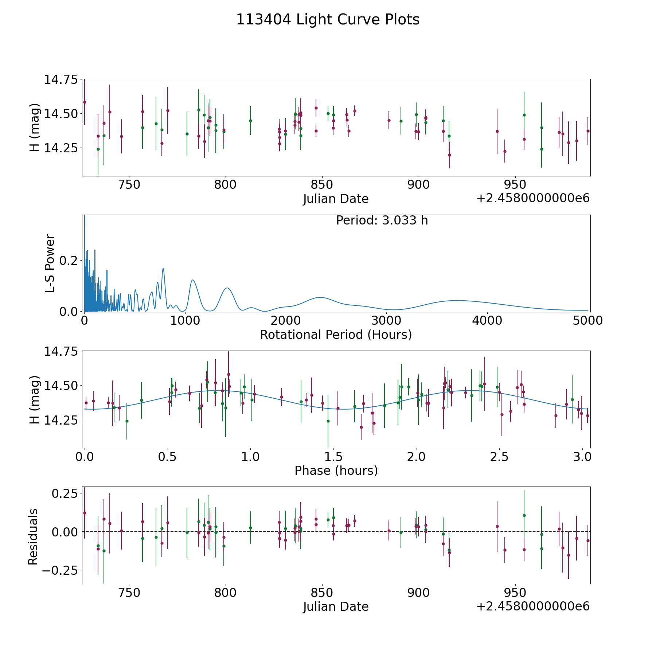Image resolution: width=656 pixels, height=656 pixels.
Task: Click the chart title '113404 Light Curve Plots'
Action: pos(328,20)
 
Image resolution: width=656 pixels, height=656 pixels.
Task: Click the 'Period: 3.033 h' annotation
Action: pos(382,220)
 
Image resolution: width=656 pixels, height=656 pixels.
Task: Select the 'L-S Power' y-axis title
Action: pos(50,263)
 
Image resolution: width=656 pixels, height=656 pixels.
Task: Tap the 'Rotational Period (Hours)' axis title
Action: pos(336,335)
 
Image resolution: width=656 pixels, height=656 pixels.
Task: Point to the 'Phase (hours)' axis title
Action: pos(336,470)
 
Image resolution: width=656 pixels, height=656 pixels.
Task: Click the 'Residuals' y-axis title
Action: pos(33,537)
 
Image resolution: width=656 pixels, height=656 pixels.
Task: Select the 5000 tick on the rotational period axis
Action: pos(587,320)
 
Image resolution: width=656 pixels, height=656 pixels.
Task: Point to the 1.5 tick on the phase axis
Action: pos(333,457)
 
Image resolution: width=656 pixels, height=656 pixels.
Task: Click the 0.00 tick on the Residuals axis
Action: pos(64,532)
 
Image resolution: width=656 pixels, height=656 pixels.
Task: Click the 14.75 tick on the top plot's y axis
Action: pos(61,79)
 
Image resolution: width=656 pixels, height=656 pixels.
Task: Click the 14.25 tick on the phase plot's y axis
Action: pos(61,420)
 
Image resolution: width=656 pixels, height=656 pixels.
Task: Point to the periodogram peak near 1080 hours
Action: pos(192,280)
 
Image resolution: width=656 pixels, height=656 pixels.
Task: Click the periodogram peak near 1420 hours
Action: pos(227,288)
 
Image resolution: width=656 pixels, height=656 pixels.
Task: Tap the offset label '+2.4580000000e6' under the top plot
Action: pos(533,198)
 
